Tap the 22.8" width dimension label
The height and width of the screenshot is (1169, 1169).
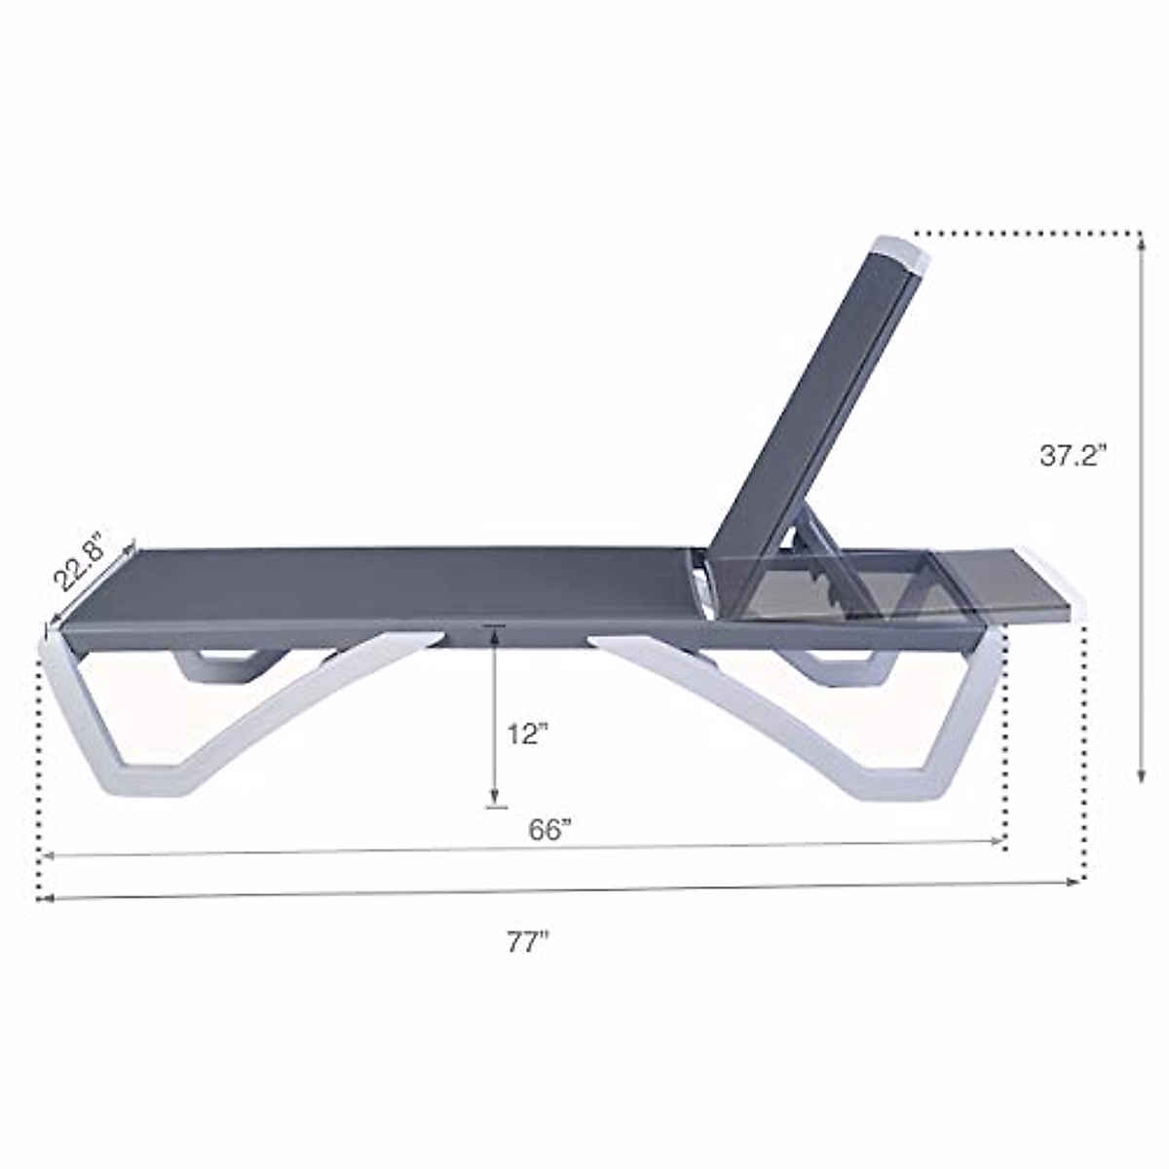(x=82, y=560)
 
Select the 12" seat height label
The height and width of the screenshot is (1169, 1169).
(x=527, y=735)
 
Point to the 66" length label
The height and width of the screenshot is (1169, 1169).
(x=549, y=830)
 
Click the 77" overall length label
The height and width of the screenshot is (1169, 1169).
(x=528, y=942)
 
